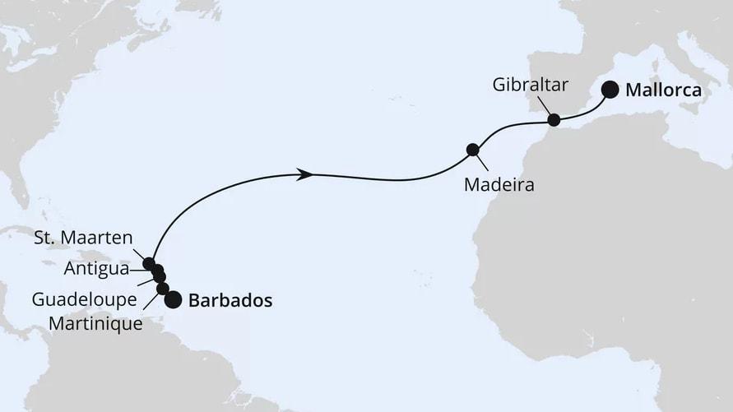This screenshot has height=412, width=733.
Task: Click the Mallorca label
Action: (x=663, y=90)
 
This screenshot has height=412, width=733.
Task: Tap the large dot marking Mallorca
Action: (x=610, y=90)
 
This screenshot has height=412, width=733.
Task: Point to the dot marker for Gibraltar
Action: (x=554, y=120)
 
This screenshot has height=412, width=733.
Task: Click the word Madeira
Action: (x=499, y=185)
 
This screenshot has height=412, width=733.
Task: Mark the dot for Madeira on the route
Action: (x=473, y=150)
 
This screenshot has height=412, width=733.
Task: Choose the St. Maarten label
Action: (x=84, y=239)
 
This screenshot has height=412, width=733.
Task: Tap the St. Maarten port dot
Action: (x=149, y=264)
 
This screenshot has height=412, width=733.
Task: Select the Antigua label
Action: (x=95, y=268)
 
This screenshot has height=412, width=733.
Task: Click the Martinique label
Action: (x=95, y=324)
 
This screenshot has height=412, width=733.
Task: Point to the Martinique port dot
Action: (x=163, y=289)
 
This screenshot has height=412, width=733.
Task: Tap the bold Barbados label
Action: (x=230, y=301)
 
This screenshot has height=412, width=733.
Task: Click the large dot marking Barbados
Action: (x=173, y=300)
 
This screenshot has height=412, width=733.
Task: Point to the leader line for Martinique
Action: (x=151, y=303)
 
